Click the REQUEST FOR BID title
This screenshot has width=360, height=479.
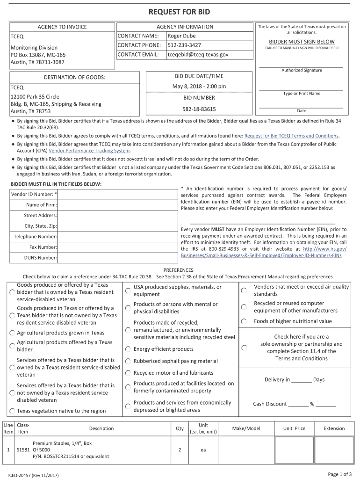[x=180, y=12]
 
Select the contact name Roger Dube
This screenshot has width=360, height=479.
[x=181, y=36]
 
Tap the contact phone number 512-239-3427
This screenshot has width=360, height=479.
[x=184, y=45]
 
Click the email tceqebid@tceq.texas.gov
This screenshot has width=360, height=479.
[x=198, y=55]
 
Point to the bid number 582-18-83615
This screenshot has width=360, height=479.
[x=199, y=109]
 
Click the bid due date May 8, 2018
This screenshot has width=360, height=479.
[x=199, y=87]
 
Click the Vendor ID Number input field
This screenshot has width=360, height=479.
[x=118, y=194]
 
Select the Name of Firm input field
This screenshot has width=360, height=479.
[x=118, y=205]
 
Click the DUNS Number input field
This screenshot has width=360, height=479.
[x=118, y=258]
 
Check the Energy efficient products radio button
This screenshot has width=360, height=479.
[x=128, y=349]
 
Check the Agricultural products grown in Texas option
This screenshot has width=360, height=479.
[x=12, y=333]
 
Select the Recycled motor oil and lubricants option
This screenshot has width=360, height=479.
[x=128, y=373]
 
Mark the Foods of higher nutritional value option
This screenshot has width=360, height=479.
[x=244, y=321]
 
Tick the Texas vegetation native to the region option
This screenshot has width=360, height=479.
[x=12, y=411]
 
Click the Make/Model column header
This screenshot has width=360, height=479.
[x=246, y=428]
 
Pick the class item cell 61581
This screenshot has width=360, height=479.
[x=23, y=450]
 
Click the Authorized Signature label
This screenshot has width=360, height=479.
[x=302, y=70]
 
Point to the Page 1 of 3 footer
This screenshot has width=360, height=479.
[x=339, y=474]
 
